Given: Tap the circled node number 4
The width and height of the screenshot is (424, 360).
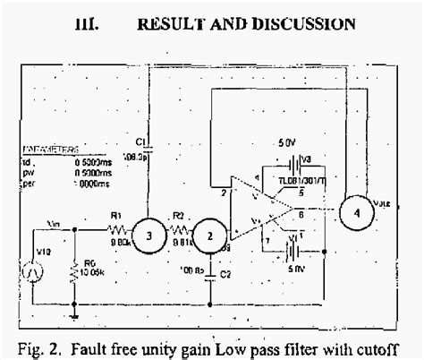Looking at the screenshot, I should (x=358, y=214).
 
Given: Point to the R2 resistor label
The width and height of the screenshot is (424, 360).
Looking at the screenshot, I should (x=178, y=216).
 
